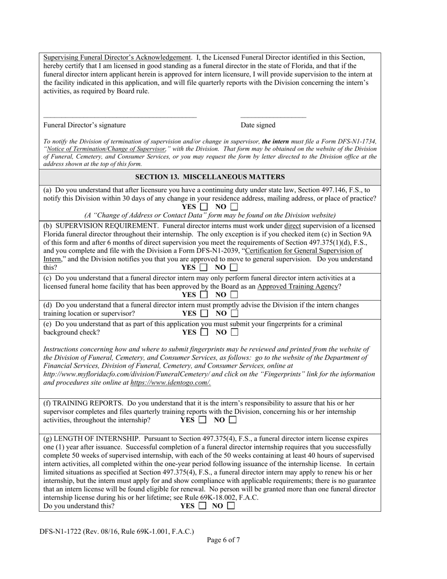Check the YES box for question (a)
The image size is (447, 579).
[204, 207]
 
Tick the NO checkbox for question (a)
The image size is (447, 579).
[234, 207]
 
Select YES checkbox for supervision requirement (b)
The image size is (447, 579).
[204, 268]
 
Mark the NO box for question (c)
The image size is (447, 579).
[234, 295]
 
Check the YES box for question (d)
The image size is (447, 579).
[204, 314]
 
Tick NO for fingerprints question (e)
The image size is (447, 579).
[234, 332]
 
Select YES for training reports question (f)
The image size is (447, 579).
[203, 420]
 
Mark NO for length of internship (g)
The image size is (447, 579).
[231, 507]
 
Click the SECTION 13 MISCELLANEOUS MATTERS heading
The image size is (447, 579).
[210, 177]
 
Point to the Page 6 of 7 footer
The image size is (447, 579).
[223, 540]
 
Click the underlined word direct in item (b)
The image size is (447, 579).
[292, 225]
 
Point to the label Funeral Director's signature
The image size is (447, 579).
[85, 125]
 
